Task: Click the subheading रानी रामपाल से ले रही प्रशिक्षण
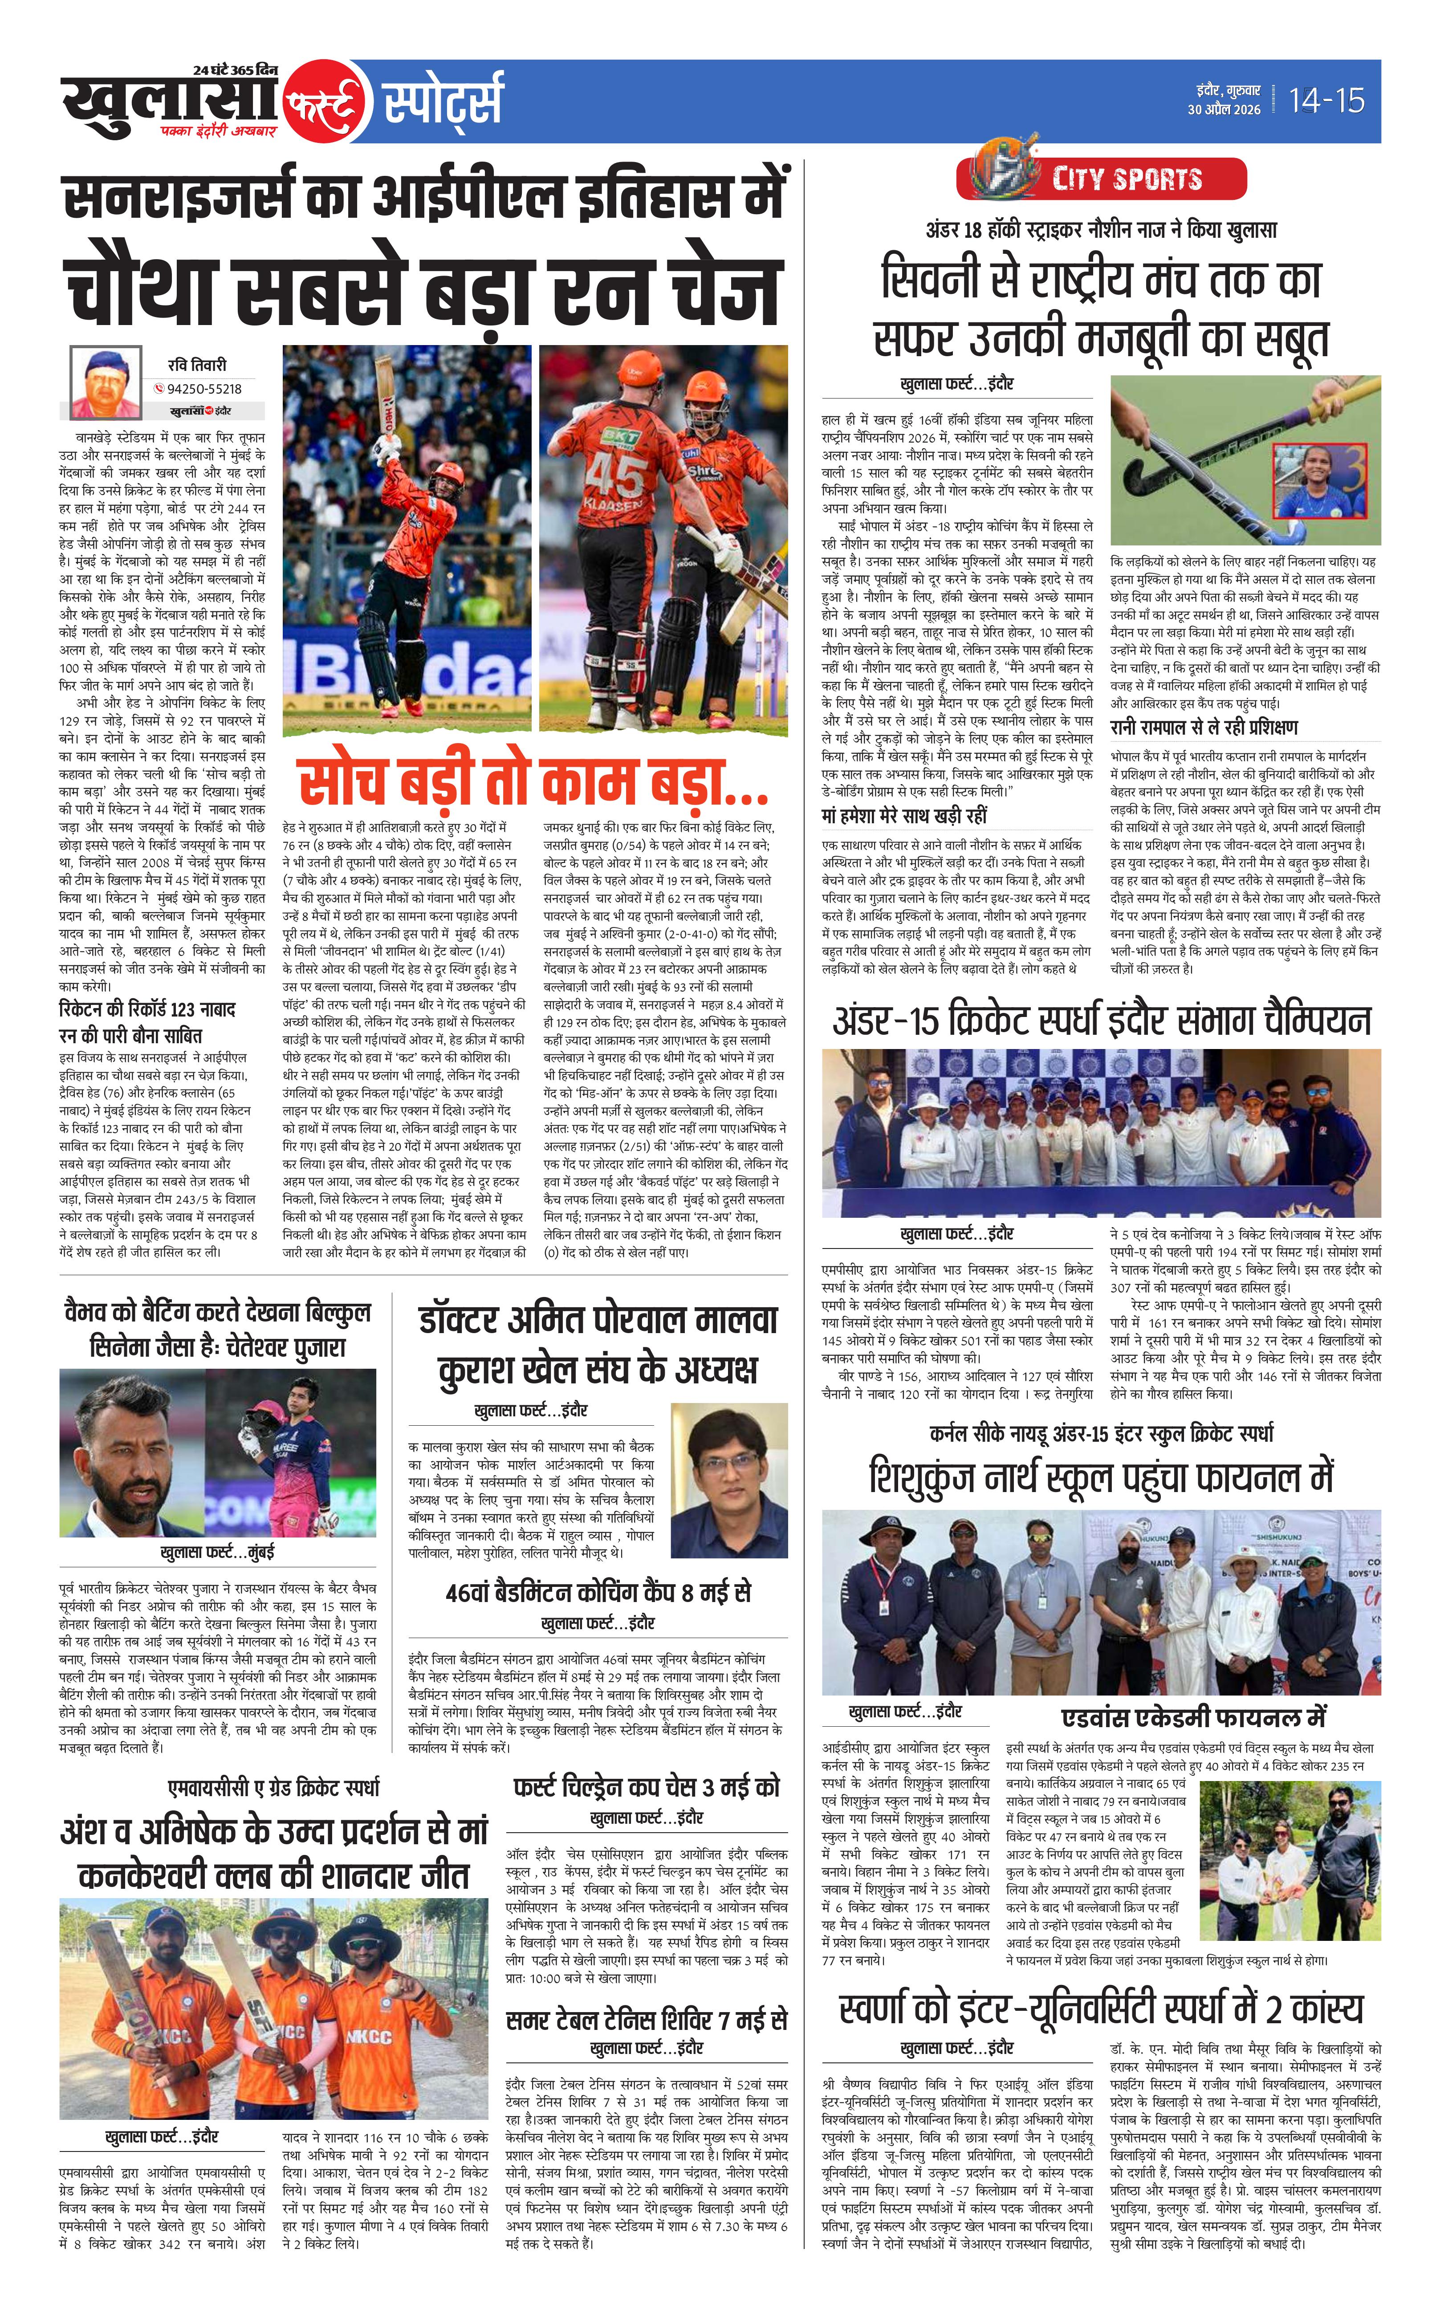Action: point(1203,728)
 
